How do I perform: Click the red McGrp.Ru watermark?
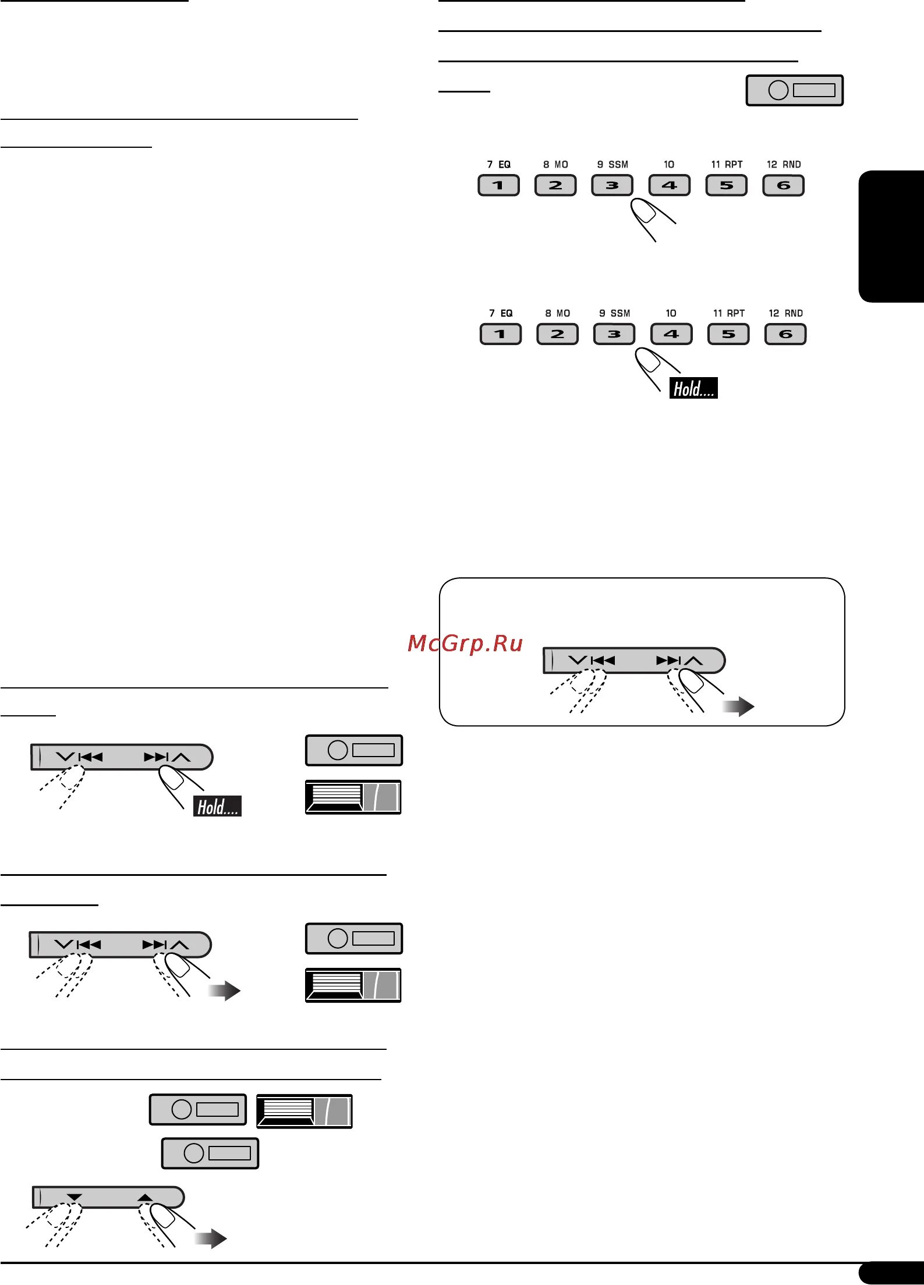coord(465,643)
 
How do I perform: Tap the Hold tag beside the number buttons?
coord(693,388)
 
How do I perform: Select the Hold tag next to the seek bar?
coord(217,806)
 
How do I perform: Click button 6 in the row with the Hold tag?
coord(785,334)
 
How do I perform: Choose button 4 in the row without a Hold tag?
coord(669,186)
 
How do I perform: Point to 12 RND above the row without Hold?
coord(784,165)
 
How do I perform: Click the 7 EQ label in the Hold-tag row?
coord(501,313)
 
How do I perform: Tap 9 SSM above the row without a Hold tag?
coord(613,165)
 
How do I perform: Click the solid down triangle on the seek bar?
coord(75,1197)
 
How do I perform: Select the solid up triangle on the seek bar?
coord(144,1197)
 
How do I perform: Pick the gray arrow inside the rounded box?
coord(738,707)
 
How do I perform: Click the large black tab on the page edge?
coord(891,236)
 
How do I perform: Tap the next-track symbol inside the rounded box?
coord(668,661)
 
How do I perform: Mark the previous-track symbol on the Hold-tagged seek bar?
coord(90,757)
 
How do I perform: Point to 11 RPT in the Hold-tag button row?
coord(729,313)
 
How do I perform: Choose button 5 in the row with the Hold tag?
coord(728,334)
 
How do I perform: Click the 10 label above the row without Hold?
coord(669,165)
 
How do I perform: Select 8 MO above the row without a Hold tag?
coord(555,165)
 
